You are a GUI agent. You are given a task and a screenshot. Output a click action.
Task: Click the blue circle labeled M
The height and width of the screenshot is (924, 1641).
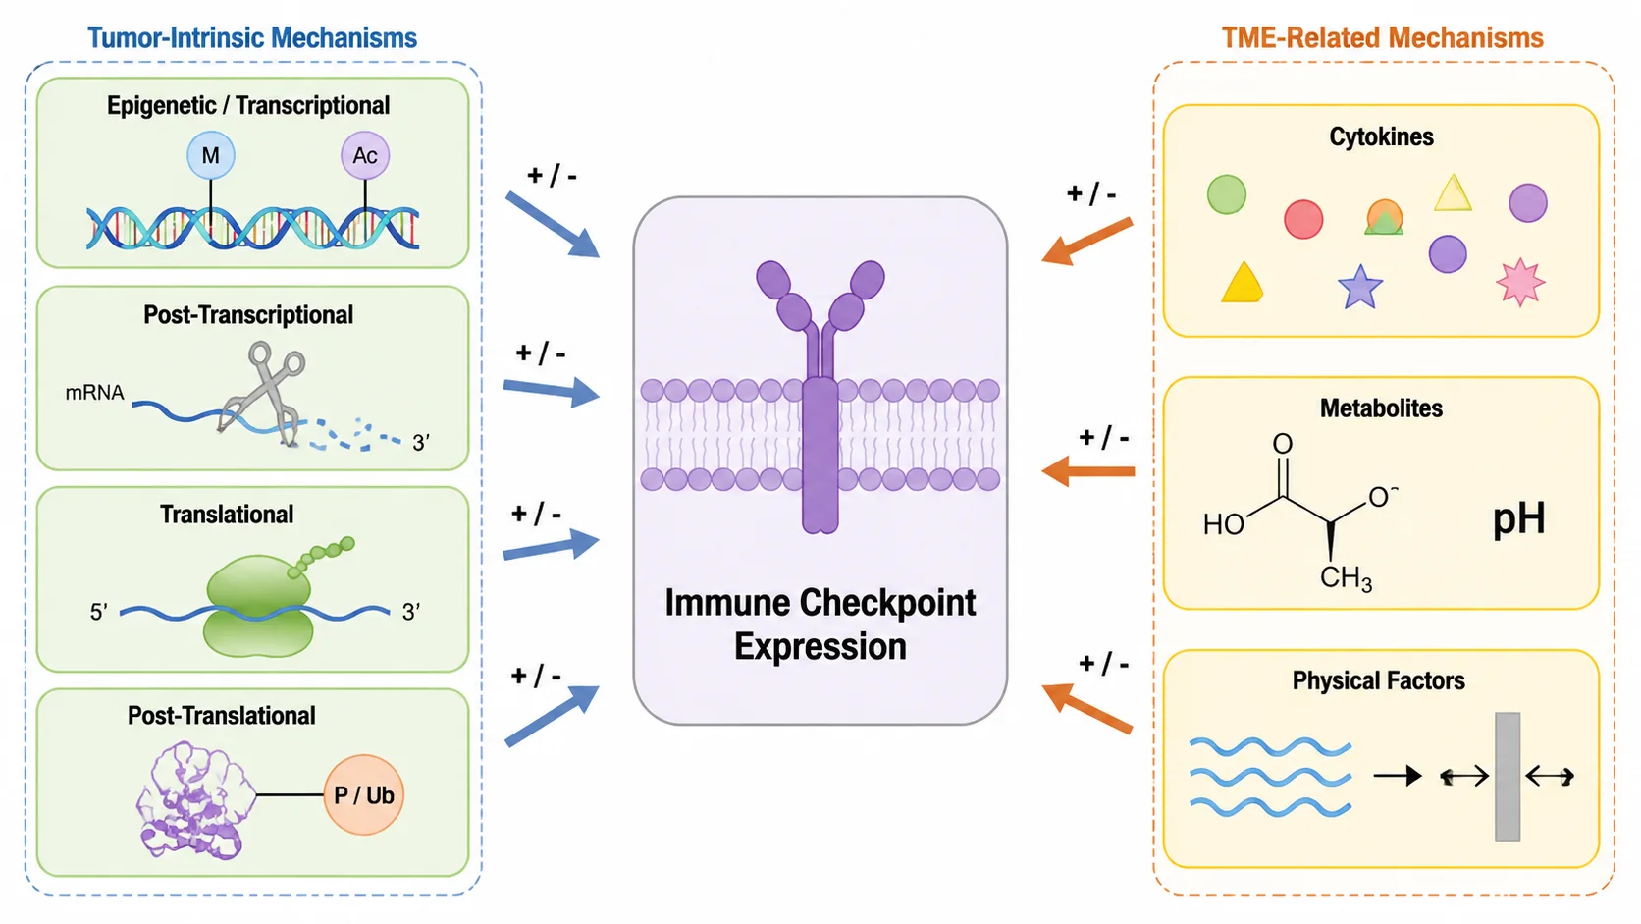coord(210,155)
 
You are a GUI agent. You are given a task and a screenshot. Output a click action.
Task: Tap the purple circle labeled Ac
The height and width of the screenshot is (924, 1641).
coord(365,155)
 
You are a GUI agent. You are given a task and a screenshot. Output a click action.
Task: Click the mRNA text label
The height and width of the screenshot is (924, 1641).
coord(94,393)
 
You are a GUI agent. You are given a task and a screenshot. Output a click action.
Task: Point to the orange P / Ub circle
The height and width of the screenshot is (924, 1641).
coord(363,795)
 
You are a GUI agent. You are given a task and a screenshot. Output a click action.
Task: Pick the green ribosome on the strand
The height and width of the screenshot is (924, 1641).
coord(258,607)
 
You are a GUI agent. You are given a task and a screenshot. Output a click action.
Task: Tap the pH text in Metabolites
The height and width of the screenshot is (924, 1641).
coord(1518,519)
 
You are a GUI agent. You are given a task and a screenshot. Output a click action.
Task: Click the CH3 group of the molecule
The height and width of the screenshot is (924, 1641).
coord(1346,578)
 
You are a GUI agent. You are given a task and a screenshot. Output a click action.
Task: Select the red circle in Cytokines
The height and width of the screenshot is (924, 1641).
coord(1303,219)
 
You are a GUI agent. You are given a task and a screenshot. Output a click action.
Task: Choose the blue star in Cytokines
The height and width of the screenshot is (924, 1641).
coord(1359,287)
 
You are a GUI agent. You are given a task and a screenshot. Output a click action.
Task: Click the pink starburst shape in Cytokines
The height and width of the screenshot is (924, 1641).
coord(1520,282)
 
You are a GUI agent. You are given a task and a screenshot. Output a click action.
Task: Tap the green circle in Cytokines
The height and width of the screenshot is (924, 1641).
coord(1227,194)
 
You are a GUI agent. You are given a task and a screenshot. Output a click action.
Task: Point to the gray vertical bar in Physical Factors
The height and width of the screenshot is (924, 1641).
coord(1507,777)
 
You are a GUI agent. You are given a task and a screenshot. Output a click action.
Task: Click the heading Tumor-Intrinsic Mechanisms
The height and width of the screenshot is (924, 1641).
coord(252,38)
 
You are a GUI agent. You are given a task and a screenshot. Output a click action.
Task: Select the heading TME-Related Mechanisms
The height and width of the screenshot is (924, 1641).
coord(1383,38)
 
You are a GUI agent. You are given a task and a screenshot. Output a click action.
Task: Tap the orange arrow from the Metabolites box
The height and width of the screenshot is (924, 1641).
coord(1087,471)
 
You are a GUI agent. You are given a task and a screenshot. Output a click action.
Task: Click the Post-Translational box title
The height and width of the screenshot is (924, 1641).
coord(221,716)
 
